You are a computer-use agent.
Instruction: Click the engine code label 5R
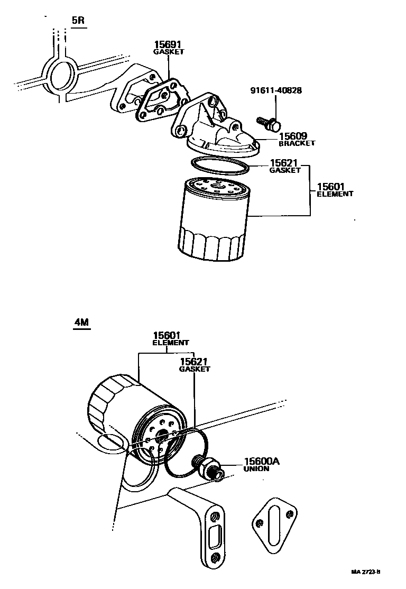[x=78, y=21]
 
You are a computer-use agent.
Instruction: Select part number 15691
[x=168, y=45]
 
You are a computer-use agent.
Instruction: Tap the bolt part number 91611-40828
[x=276, y=90]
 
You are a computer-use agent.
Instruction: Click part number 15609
[x=293, y=136]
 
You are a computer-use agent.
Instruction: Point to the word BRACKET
[x=297, y=143]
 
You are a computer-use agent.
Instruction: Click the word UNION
[x=256, y=469]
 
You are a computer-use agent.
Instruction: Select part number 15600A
[x=261, y=462]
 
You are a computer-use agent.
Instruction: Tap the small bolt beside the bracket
[x=269, y=124]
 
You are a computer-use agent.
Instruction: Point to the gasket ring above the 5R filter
[x=220, y=165]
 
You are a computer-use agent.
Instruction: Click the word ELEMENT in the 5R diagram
[x=335, y=194]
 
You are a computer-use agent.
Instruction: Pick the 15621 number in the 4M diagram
[x=193, y=362]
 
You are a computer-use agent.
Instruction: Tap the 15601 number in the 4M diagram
[x=167, y=335]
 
